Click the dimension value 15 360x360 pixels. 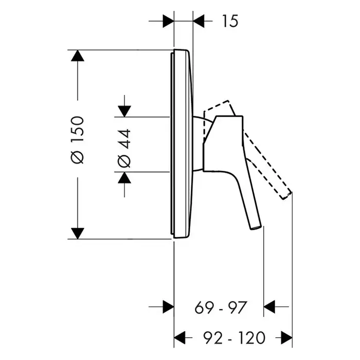pos(230,21)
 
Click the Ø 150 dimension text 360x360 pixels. pos(78,140)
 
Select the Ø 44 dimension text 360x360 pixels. pos(124,148)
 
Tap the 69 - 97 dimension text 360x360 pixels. pos(221,308)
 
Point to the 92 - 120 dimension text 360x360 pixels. pos(235,338)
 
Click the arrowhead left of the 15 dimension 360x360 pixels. pos(168,21)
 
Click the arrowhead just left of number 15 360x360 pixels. pos(199,21)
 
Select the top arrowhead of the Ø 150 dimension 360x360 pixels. pos(78,56)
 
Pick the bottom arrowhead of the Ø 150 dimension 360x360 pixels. pos(78,233)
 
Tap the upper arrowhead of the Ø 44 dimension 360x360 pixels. pos(124,112)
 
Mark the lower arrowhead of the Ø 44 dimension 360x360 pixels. pos(124,177)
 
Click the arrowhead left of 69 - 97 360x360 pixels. pos(168,307)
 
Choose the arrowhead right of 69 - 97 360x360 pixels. pos(269,307)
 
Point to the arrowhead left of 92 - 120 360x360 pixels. pos(180,338)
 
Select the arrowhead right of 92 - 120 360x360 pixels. pos(286,338)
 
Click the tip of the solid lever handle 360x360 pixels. pos(256,228)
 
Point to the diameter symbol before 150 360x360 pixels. pos(78,157)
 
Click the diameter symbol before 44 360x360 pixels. pos(124,161)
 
